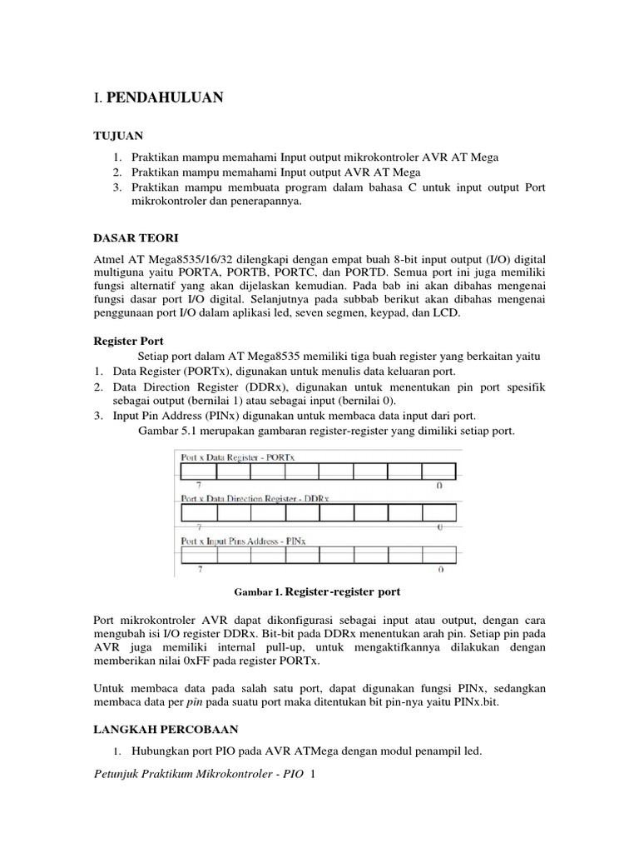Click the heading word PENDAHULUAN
165,97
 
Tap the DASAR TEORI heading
131,237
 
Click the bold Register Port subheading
127,341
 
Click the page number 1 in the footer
312,776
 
